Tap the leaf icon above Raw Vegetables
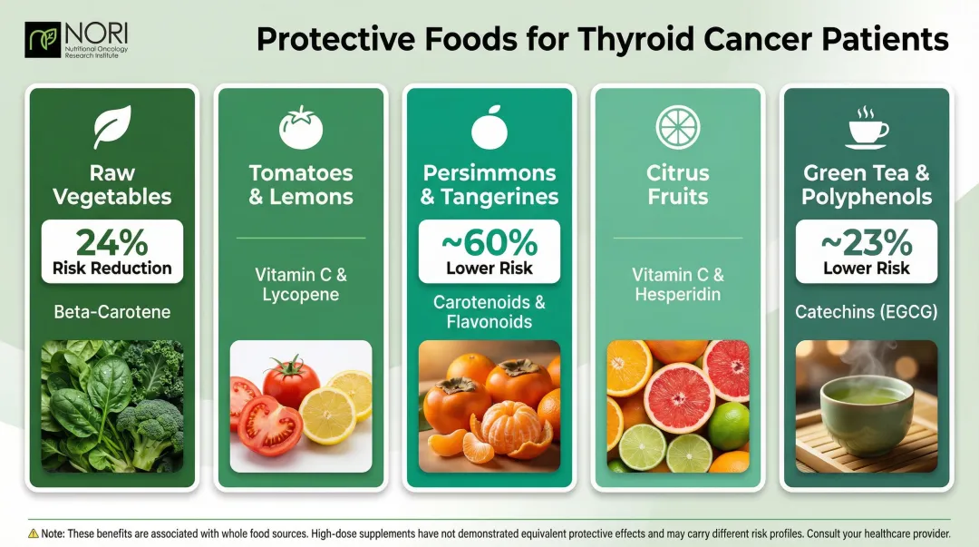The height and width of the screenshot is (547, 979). pyautogui.click(x=112, y=127)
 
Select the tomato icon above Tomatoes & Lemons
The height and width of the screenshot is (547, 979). pyautogui.click(x=300, y=127)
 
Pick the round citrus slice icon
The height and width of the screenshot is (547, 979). pyautogui.click(x=678, y=127)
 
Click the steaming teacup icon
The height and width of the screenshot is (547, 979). pyautogui.click(x=867, y=127)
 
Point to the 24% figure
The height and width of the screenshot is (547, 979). pyautogui.click(x=112, y=241)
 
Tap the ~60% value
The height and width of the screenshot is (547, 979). pyautogui.click(x=489, y=241)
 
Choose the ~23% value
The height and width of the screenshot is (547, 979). pyautogui.click(x=867, y=241)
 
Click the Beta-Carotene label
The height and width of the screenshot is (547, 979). pyautogui.click(x=112, y=312)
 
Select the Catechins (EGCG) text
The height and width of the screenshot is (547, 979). pyautogui.click(x=867, y=312)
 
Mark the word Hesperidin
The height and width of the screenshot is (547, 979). pyautogui.click(x=678, y=294)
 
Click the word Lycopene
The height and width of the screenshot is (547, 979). pyautogui.click(x=300, y=294)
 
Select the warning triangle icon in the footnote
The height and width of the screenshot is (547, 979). pyautogui.click(x=33, y=533)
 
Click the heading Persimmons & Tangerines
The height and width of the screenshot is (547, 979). pyautogui.click(x=489, y=184)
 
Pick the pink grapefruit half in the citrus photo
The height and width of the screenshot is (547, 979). pyautogui.click(x=679, y=396)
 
